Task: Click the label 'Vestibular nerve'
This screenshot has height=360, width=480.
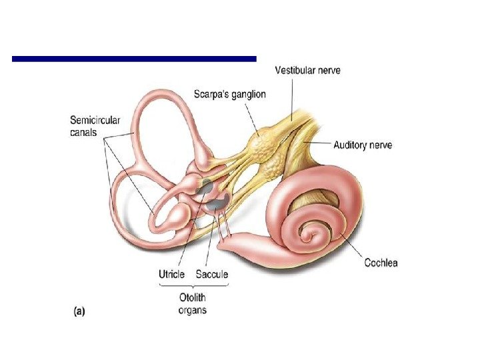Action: click(307, 70)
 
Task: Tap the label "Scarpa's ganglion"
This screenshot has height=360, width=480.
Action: click(230, 95)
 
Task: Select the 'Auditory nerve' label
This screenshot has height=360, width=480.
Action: click(363, 145)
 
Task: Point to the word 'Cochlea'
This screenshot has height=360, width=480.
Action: click(381, 263)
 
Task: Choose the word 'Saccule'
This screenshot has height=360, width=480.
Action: click(212, 274)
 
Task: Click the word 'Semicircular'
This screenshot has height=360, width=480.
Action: click(95, 121)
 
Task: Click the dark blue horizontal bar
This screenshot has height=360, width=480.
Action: click(134, 59)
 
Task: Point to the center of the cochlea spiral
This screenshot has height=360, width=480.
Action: click(309, 233)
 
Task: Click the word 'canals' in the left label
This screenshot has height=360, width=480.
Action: click(83, 133)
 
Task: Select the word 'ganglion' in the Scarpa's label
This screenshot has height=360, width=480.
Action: click(247, 95)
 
